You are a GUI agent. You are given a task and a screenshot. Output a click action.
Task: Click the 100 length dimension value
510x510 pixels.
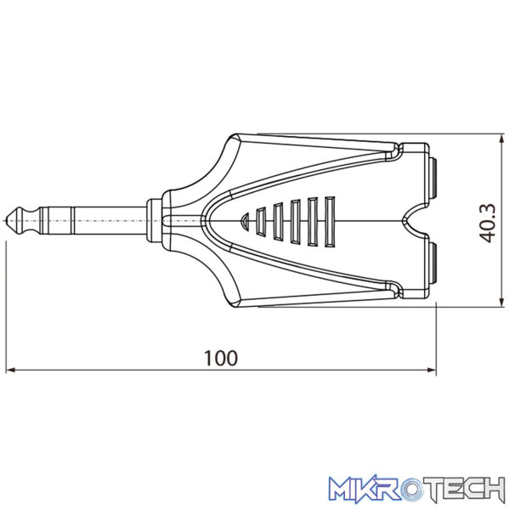(x=221, y=358)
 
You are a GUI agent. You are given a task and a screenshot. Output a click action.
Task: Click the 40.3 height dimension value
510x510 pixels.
(x=488, y=223)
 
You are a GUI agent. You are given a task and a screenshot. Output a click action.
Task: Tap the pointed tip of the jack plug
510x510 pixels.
(x=7, y=220)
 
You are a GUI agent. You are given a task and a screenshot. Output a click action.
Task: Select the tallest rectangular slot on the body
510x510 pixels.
(x=330, y=222)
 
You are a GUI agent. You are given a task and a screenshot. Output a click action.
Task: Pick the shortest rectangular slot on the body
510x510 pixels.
(x=261, y=222)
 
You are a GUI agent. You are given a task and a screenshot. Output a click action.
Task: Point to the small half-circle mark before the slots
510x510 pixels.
(x=245, y=222)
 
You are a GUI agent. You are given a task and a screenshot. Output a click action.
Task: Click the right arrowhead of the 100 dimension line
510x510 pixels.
(x=432, y=370)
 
